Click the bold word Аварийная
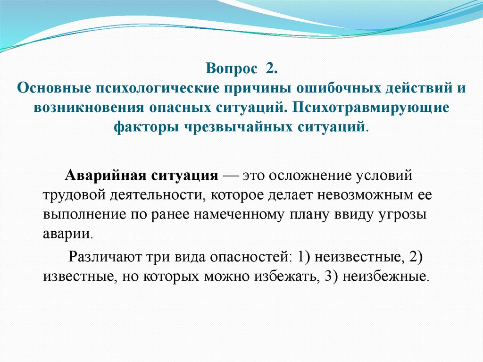tap(105, 176)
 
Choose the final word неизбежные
tap(385, 276)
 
